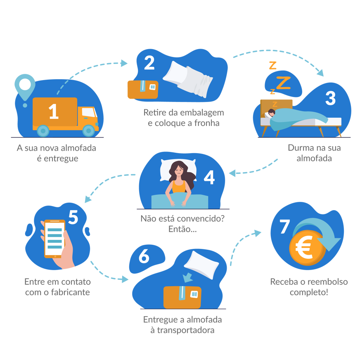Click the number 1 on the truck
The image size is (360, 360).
[x=54, y=111]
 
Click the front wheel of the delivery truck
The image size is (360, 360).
[x=88, y=130]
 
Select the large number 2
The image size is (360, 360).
[x=149, y=63]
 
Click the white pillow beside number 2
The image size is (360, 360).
[x=188, y=79]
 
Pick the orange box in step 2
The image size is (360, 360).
[x=142, y=89]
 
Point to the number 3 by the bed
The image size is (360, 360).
[x=330, y=98]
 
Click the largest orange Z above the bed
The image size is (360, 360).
[x=283, y=83]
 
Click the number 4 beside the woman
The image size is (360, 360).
[x=209, y=177]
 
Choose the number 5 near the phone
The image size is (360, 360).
[x=73, y=218]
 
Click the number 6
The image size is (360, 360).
[x=144, y=256]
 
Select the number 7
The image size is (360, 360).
[x=284, y=226]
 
